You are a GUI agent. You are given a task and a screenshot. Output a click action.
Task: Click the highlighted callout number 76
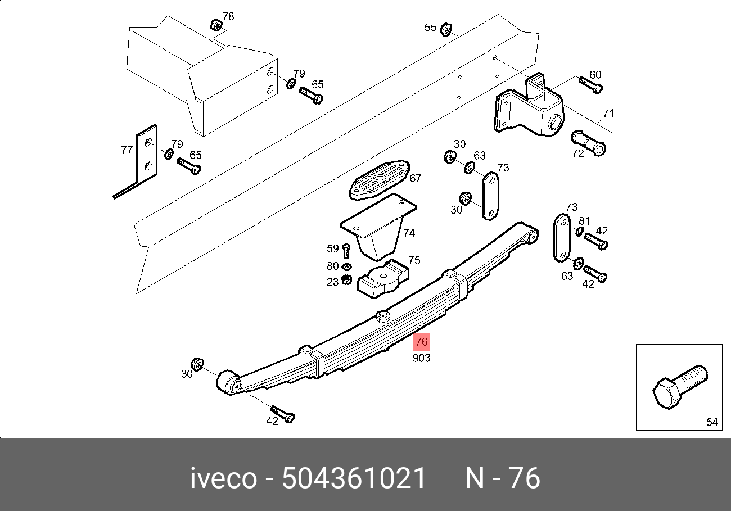tap(421, 342)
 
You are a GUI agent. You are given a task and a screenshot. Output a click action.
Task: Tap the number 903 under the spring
tap(421, 358)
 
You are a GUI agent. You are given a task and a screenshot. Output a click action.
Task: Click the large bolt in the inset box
tap(680, 387)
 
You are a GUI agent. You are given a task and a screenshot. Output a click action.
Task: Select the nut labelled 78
tap(216, 25)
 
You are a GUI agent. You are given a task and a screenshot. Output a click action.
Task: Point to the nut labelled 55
tap(445, 30)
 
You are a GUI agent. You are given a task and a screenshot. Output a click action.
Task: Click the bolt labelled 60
tap(590, 85)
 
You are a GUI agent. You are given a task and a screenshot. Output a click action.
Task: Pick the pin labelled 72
tap(588, 143)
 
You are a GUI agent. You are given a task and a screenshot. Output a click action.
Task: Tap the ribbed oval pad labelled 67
tap(380, 180)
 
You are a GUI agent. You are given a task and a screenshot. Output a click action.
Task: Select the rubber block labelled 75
tap(383, 278)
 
